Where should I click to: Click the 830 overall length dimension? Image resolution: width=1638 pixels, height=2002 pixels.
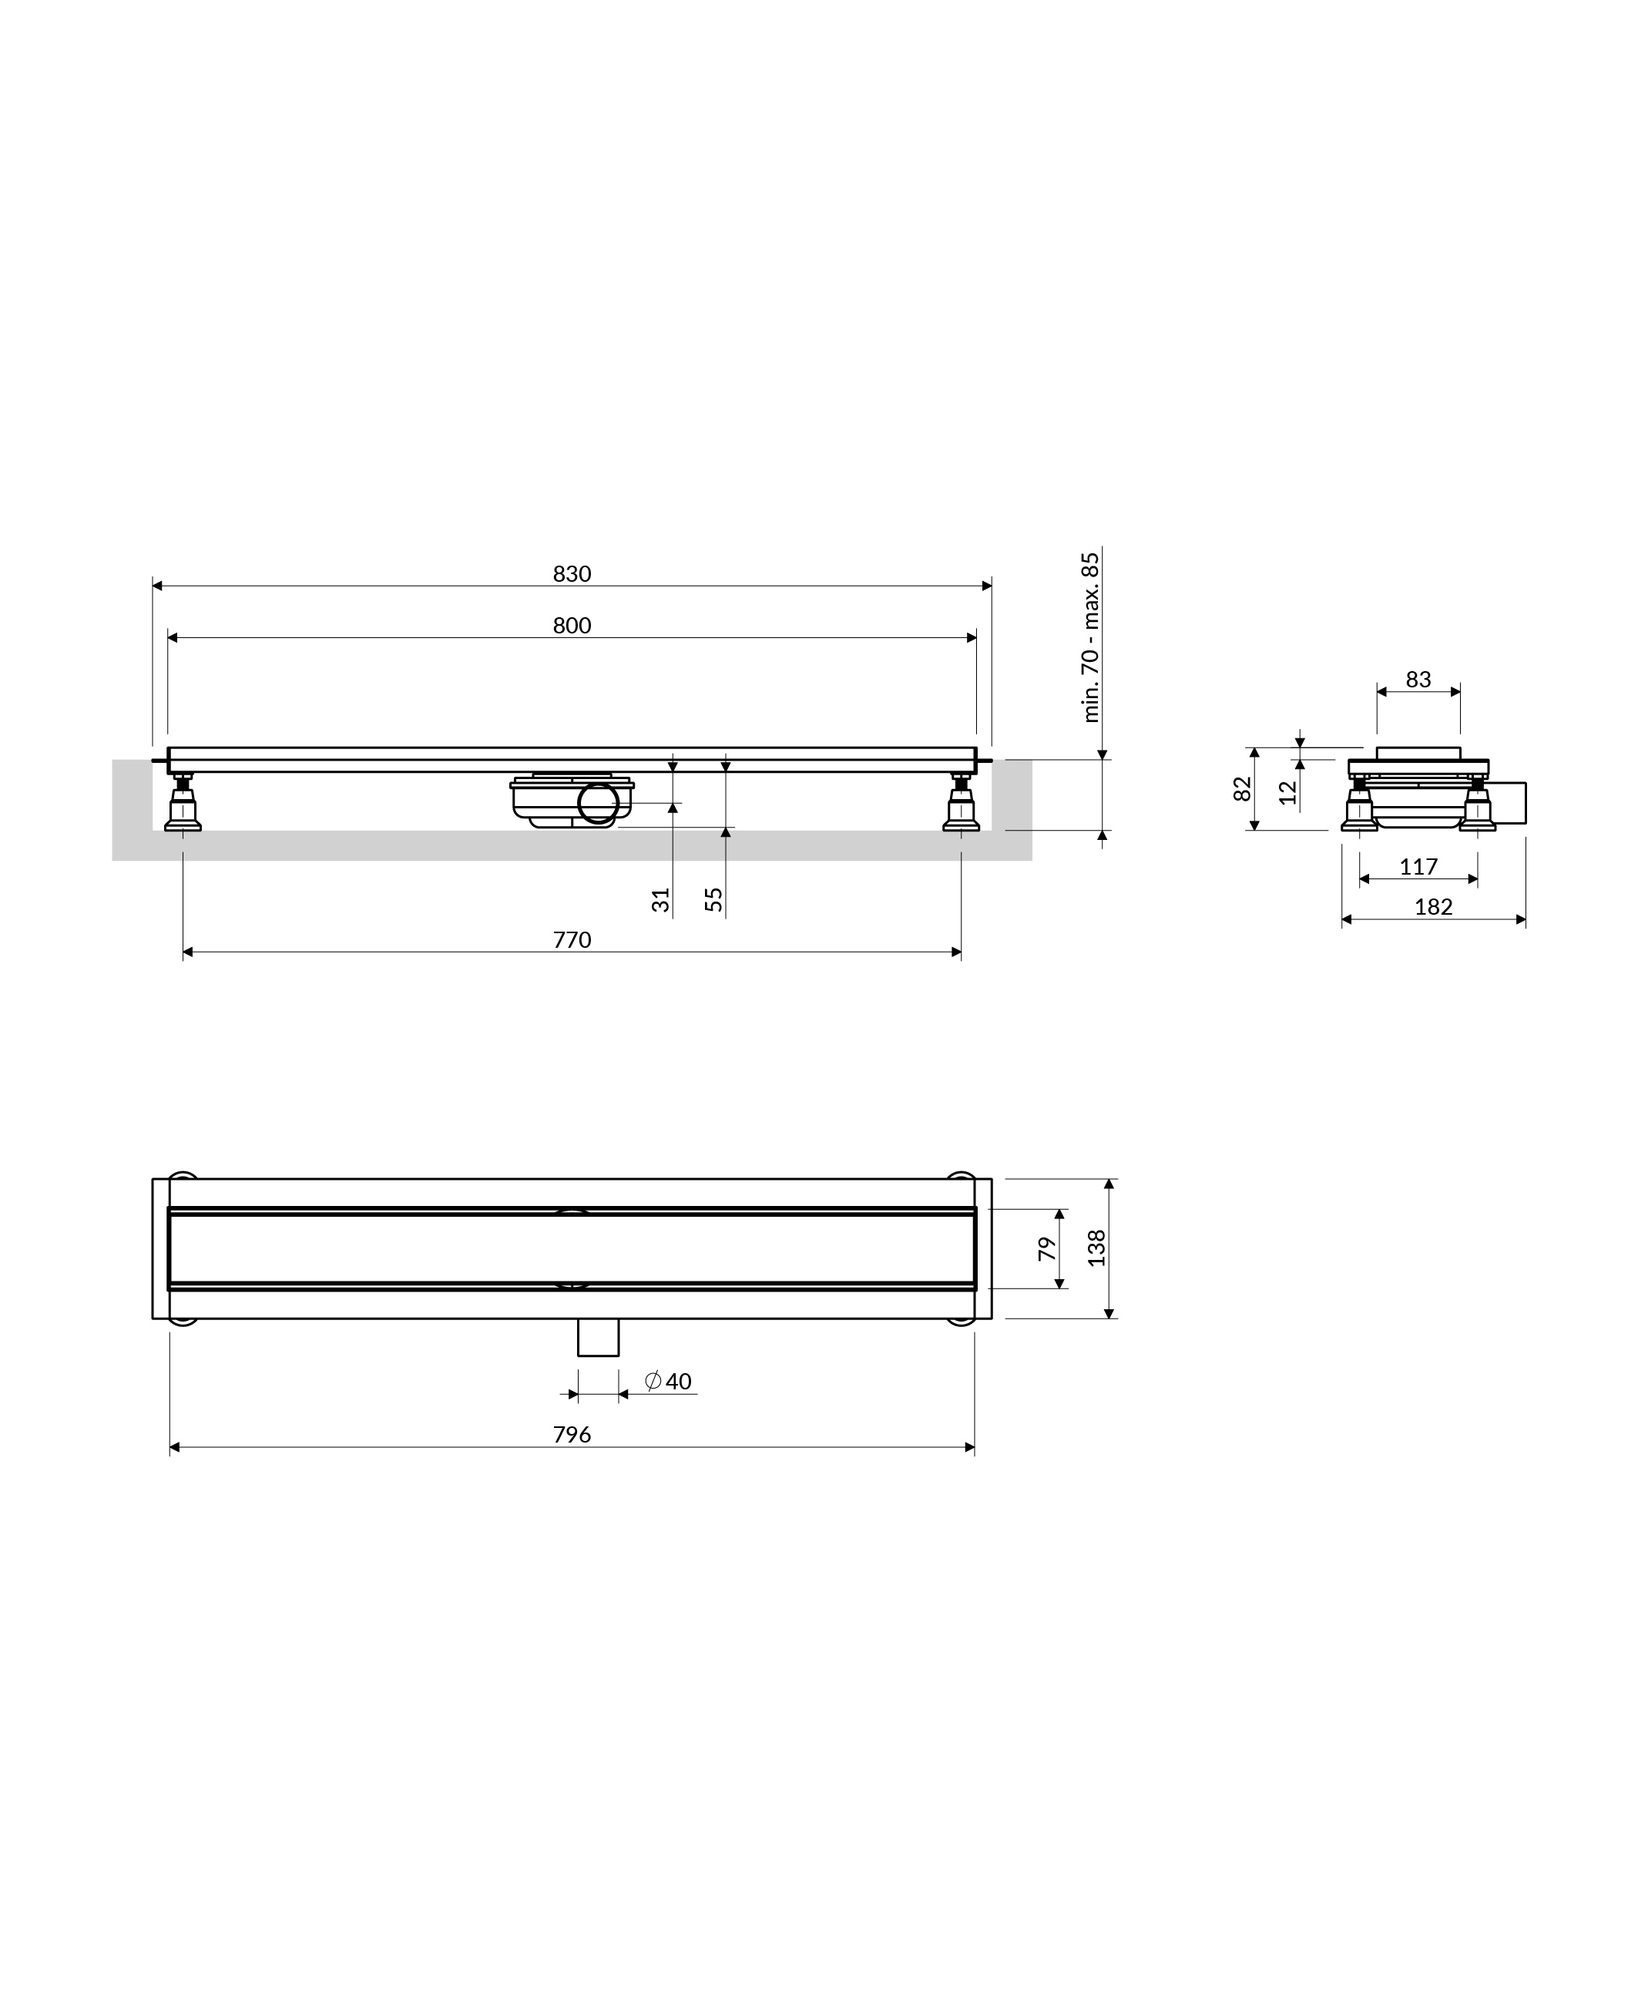click(x=572, y=573)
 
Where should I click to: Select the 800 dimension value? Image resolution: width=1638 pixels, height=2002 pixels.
click(x=572, y=626)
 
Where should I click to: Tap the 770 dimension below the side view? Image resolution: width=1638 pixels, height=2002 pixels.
click(x=572, y=939)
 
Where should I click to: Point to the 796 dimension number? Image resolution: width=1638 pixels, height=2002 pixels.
click(x=572, y=1435)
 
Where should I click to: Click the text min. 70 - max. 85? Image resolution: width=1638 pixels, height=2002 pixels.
click(x=1091, y=638)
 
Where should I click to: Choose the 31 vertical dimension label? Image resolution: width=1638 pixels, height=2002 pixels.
click(x=660, y=900)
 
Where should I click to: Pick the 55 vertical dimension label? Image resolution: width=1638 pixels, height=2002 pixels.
click(x=714, y=900)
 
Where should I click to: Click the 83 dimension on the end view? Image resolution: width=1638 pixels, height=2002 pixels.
click(x=1418, y=680)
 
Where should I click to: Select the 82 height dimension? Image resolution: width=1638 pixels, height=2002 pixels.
click(x=1243, y=789)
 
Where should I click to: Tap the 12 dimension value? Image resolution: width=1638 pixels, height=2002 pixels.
click(x=1288, y=792)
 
